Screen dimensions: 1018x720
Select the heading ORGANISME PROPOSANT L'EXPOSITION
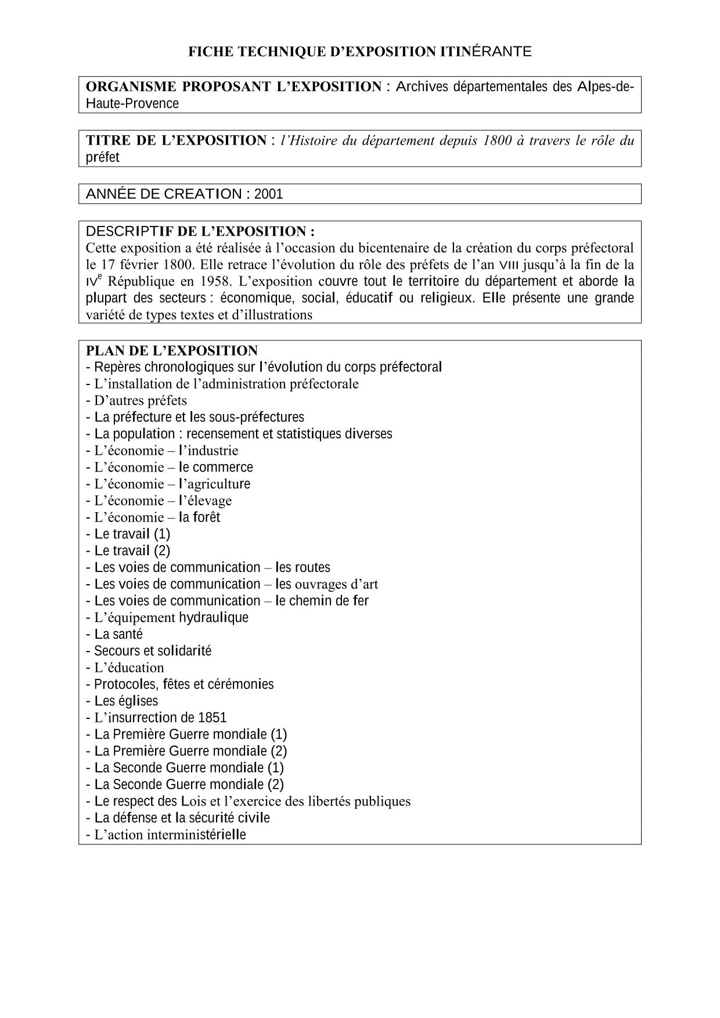[233, 87]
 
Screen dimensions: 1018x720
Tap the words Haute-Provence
[132, 104]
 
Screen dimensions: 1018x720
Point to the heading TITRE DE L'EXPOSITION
[176, 141]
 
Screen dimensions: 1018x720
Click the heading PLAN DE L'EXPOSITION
[172, 351]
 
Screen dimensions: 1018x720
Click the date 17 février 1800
[141, 265]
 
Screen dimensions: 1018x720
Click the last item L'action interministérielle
[166, 835]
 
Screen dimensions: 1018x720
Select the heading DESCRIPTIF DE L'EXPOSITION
[200, 231]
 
